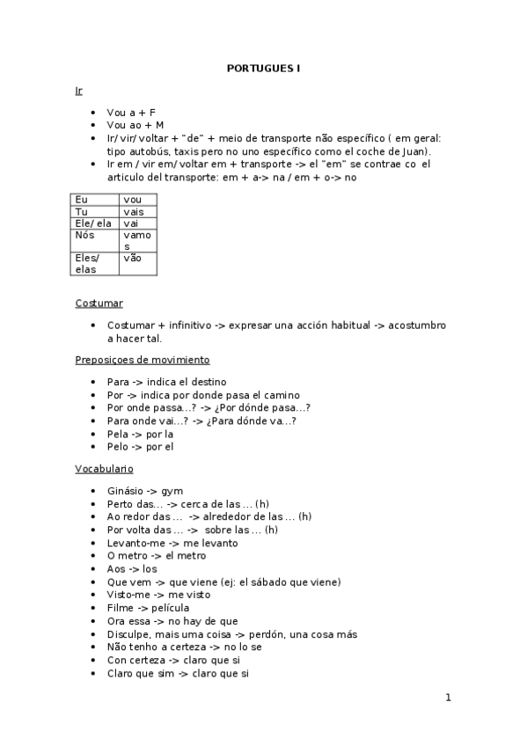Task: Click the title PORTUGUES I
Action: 264,68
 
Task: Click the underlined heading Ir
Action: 79,91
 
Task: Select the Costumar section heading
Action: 99,303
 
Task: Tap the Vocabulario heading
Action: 104,469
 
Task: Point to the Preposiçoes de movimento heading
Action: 142,360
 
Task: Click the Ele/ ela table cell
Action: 94,223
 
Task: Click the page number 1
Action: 448,698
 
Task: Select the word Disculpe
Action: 128,633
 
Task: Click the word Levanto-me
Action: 134,543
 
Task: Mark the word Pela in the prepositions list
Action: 118,434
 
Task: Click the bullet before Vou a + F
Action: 93,113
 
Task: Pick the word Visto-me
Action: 128,595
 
